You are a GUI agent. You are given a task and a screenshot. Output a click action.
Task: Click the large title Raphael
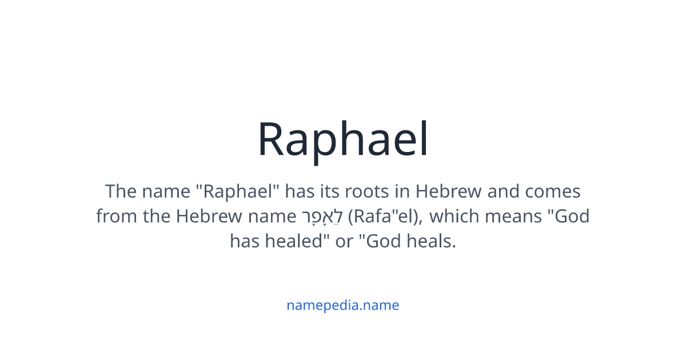(343, 139)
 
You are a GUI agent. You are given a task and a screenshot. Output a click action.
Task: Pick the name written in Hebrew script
(322, 217)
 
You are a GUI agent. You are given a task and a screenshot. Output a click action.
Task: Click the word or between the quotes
(345, 242)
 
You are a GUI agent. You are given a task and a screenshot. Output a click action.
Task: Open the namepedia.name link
(343, 305)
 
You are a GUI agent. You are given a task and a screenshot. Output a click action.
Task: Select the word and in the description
(502, 191)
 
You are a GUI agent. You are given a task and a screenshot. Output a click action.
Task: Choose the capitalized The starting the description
(121, 191)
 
